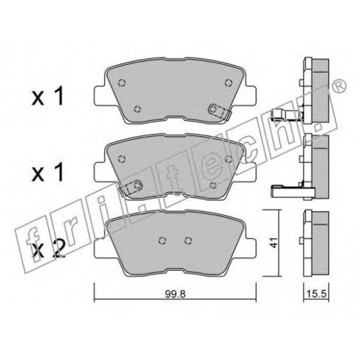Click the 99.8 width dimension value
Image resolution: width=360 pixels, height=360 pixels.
[x=175, y=294]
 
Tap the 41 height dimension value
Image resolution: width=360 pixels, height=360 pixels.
[x=273, y=243]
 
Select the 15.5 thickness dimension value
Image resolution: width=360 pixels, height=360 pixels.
[x=317, y=294]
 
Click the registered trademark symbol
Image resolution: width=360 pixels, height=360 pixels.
[x=339, y=86]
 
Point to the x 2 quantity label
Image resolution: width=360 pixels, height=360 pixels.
[x=48, y=249]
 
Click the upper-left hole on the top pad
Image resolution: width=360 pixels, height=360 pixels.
[x=122, y=83]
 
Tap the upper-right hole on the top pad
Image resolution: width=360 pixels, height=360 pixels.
[x=229, y=83]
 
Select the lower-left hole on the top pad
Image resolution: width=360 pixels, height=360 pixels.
[x=138, y=109]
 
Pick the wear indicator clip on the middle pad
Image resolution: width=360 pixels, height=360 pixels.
[x=130, y=187]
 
